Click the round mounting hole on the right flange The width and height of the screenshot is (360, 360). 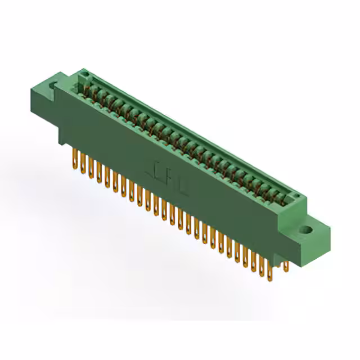(x=307, y=229)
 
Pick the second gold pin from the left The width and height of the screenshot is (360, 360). (x=83, y=164)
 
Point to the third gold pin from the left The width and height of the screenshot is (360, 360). (x=91, y=168)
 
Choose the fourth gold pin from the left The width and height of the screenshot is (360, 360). (x=99, y=173)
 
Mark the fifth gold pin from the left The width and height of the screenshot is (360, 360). (x=107, y=177)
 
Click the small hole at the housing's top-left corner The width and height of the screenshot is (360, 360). (x=84, y=75)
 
